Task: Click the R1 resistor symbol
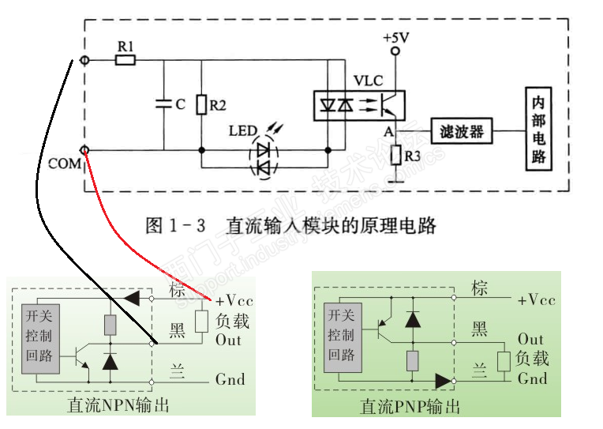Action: [125, 60]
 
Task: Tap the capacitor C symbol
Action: [164, 103]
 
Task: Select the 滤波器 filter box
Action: [462, 130]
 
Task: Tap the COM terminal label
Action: [65, 164]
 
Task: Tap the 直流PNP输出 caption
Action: [410, 408]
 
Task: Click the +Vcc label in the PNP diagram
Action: [537, 300]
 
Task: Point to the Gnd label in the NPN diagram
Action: [230, 379]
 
